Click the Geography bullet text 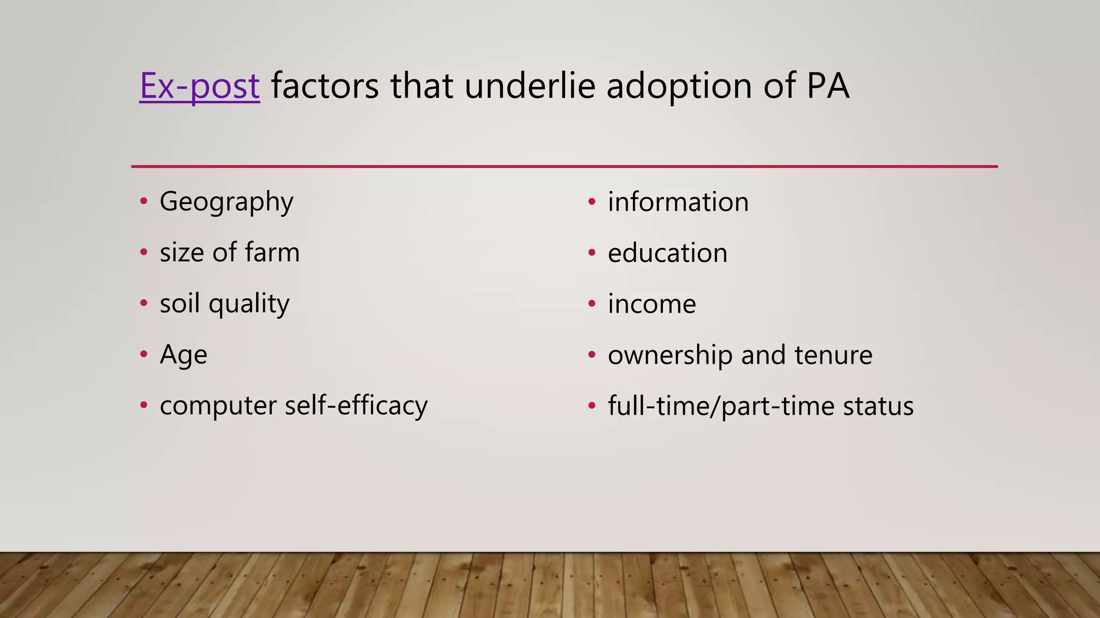coord(226,202)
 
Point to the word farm coord(272,253)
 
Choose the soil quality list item coord(225,304)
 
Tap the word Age coord(183,355)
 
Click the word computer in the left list coord(218,406)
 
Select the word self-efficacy coord(356,406)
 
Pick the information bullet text coord(678,202)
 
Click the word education coord(668,253)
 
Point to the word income coord(652,304)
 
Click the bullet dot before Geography coord(143,202)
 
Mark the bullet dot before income coord(592,304)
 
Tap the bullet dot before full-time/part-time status coord(592,406)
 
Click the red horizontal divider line coord(564,166)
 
